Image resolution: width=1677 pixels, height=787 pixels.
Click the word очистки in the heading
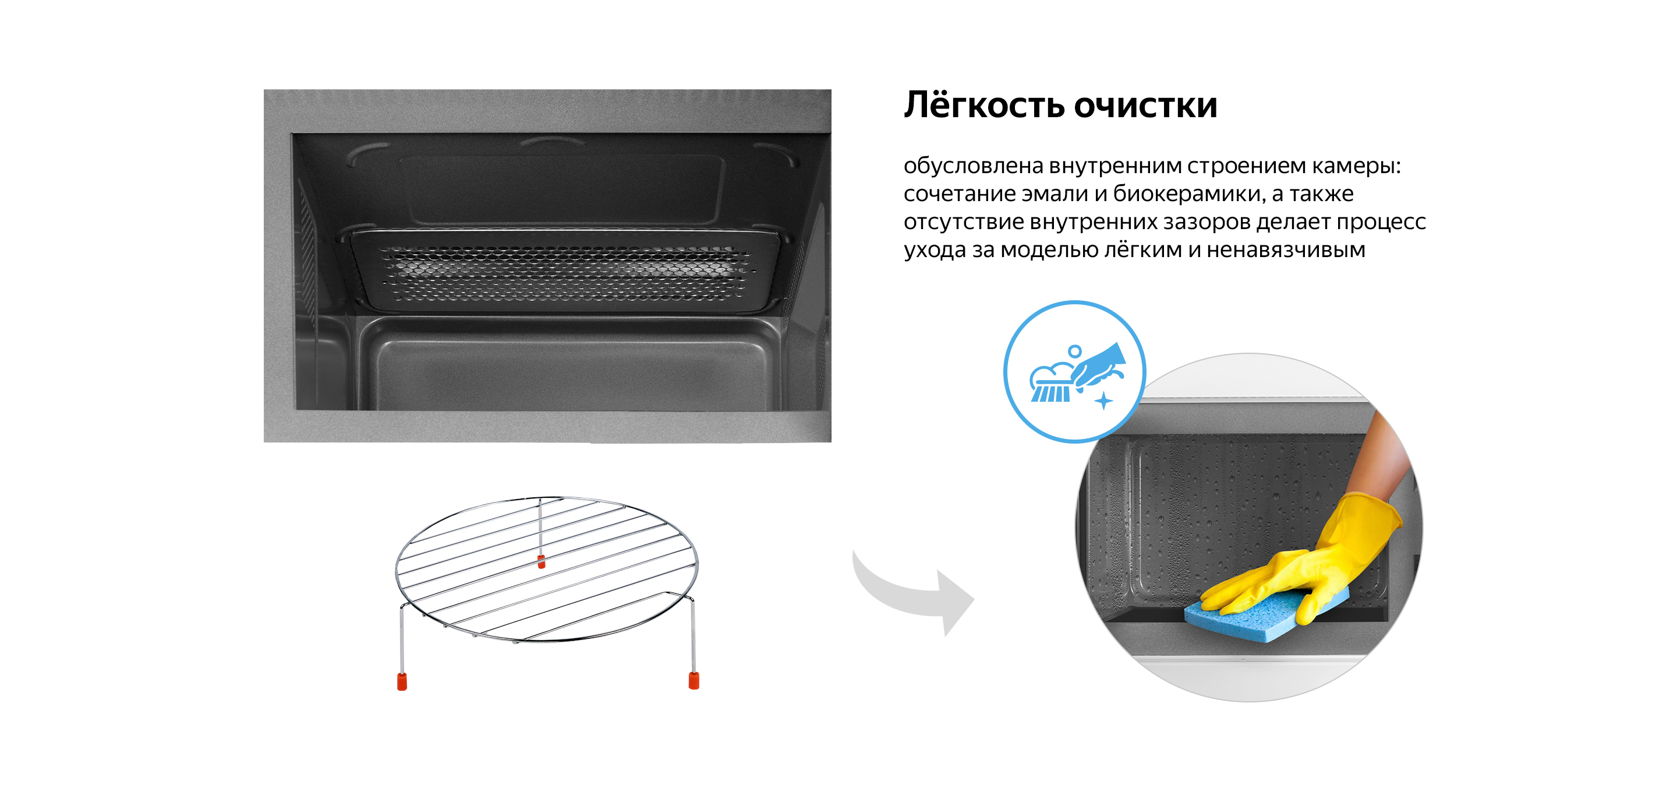[x=1145, y=105]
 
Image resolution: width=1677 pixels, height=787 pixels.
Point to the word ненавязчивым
[x=1285, y=250]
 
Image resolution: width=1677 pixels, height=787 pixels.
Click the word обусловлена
[x=973, y=166]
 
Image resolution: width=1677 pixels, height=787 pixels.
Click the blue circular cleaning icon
[x=1074, y=372]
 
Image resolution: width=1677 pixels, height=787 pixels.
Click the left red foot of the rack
[x=402, y=681]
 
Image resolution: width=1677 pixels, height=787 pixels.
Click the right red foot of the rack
[x=694, y=681]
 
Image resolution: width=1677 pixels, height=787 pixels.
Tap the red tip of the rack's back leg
[x=542, y=562]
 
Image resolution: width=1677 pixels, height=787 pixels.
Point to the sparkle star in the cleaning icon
[x=1103, y=400]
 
